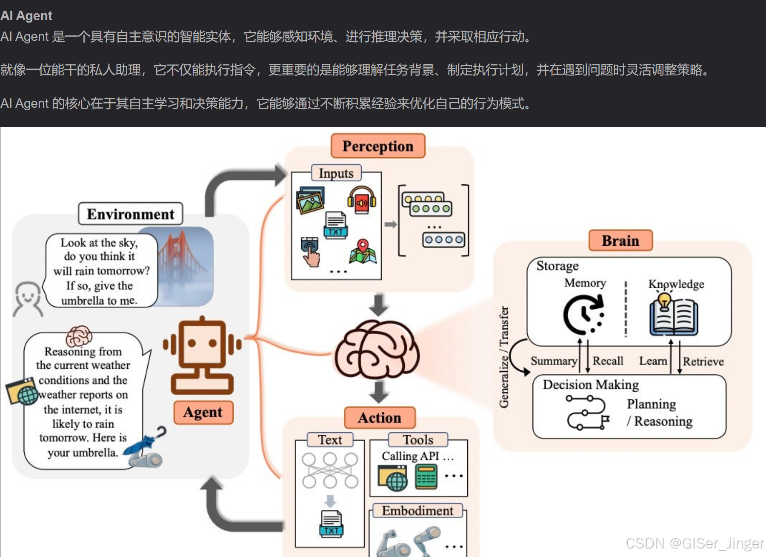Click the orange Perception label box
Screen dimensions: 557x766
378,146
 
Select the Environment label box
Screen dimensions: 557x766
131,214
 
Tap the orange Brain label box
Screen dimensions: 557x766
620,241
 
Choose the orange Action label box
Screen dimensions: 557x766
380,417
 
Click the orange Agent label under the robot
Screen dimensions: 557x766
203,412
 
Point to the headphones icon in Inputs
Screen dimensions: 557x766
362,200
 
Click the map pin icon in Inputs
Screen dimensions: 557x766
363,251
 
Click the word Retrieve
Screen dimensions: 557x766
703,362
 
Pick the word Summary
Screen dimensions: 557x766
554,361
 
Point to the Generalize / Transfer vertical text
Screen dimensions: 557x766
504,357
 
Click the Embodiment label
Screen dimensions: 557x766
417,511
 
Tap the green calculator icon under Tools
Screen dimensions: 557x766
426,477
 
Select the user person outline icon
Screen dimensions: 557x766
28,299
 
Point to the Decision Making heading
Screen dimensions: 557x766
591,385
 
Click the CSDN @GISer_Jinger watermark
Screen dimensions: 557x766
695,543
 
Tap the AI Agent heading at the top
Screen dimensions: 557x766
26,16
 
